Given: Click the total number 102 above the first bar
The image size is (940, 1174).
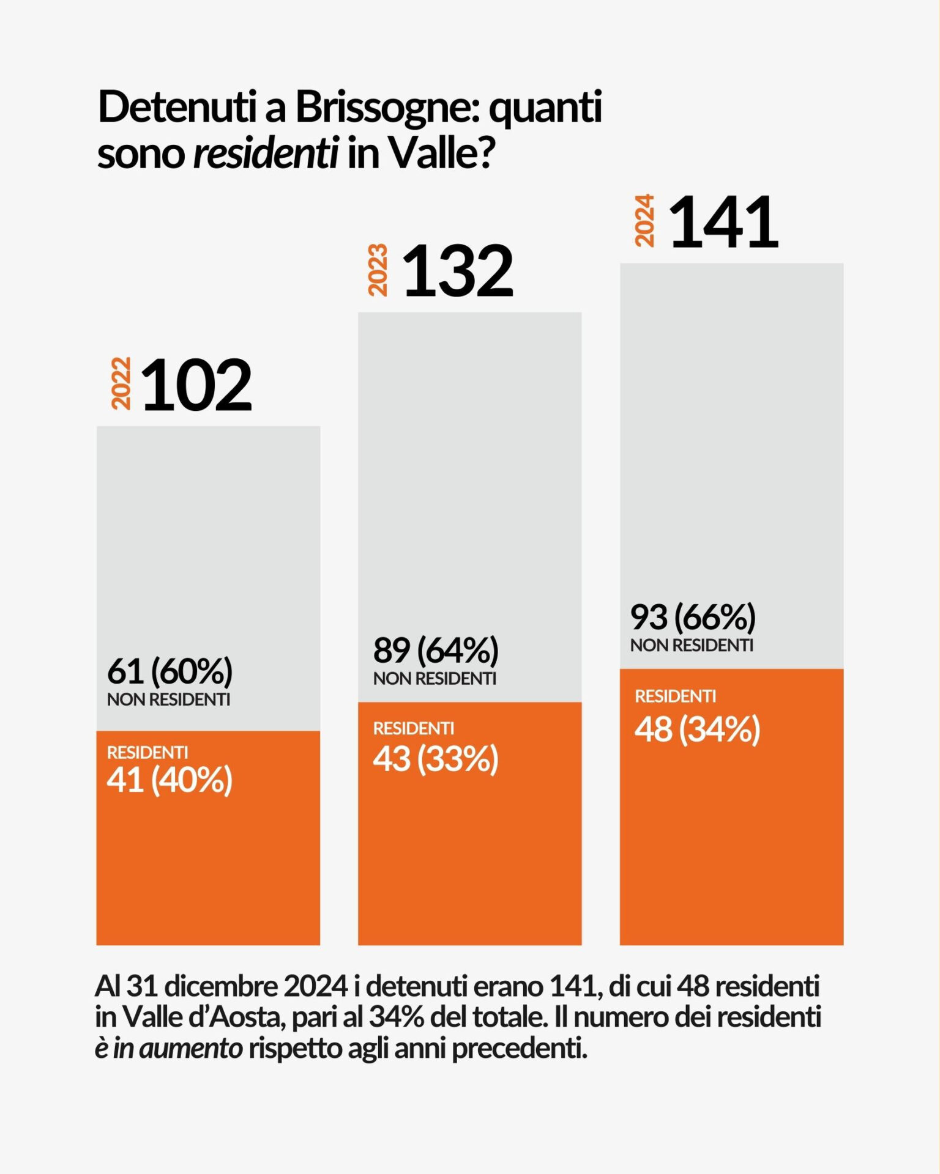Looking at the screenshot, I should point(196,385).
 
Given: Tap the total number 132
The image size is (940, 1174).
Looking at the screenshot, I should point(458,271).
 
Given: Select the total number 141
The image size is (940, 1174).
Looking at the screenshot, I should point(723,223).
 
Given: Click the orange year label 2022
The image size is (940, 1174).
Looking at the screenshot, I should point(121,383).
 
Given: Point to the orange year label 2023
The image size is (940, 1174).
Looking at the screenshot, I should point(378,270).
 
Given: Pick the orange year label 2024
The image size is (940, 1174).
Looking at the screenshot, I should point(644,221).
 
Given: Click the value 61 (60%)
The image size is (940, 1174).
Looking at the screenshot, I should point(170,671).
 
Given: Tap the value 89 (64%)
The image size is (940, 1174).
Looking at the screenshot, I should point(436,650).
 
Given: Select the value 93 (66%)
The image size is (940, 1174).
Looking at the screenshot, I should point(693,617).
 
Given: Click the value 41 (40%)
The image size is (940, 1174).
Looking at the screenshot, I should point(170,780).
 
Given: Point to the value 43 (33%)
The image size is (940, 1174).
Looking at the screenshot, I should point(436,759).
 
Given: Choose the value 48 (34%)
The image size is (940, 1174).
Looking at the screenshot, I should point(697,729).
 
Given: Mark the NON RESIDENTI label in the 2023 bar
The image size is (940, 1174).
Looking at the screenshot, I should point(435,678).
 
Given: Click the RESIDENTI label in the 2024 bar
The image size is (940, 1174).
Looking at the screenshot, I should point(675,696).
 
